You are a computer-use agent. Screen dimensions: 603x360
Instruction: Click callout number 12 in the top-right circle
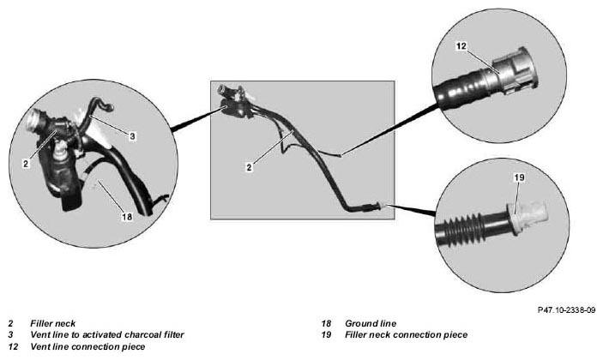[461, 46]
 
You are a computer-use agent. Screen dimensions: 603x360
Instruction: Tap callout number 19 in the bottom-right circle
[519, 177]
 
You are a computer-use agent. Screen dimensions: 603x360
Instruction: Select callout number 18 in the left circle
[127, 217]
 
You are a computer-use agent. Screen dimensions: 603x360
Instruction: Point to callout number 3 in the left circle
[132, 136]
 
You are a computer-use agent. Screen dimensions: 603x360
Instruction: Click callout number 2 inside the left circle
[26, 164]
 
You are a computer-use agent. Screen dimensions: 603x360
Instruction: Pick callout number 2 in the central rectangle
[250, 167]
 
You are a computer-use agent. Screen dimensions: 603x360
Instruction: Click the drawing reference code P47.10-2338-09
[566, 309]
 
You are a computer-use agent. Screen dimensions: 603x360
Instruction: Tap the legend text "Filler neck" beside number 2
[52, 323]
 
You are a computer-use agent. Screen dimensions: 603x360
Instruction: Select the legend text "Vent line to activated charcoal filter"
[107, 334]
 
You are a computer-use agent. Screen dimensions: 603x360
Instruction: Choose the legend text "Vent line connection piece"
[87, 346]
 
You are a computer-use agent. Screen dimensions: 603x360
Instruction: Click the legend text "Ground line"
[371, 323]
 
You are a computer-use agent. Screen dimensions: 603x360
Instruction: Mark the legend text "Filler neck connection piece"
[406, 334]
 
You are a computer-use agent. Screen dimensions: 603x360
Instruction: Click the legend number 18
[326, 323]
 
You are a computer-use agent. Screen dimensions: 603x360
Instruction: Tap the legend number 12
[13, 346]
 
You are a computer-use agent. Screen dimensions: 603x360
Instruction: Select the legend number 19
[326, 334]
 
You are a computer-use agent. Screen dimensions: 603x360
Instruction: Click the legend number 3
[11, 334]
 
